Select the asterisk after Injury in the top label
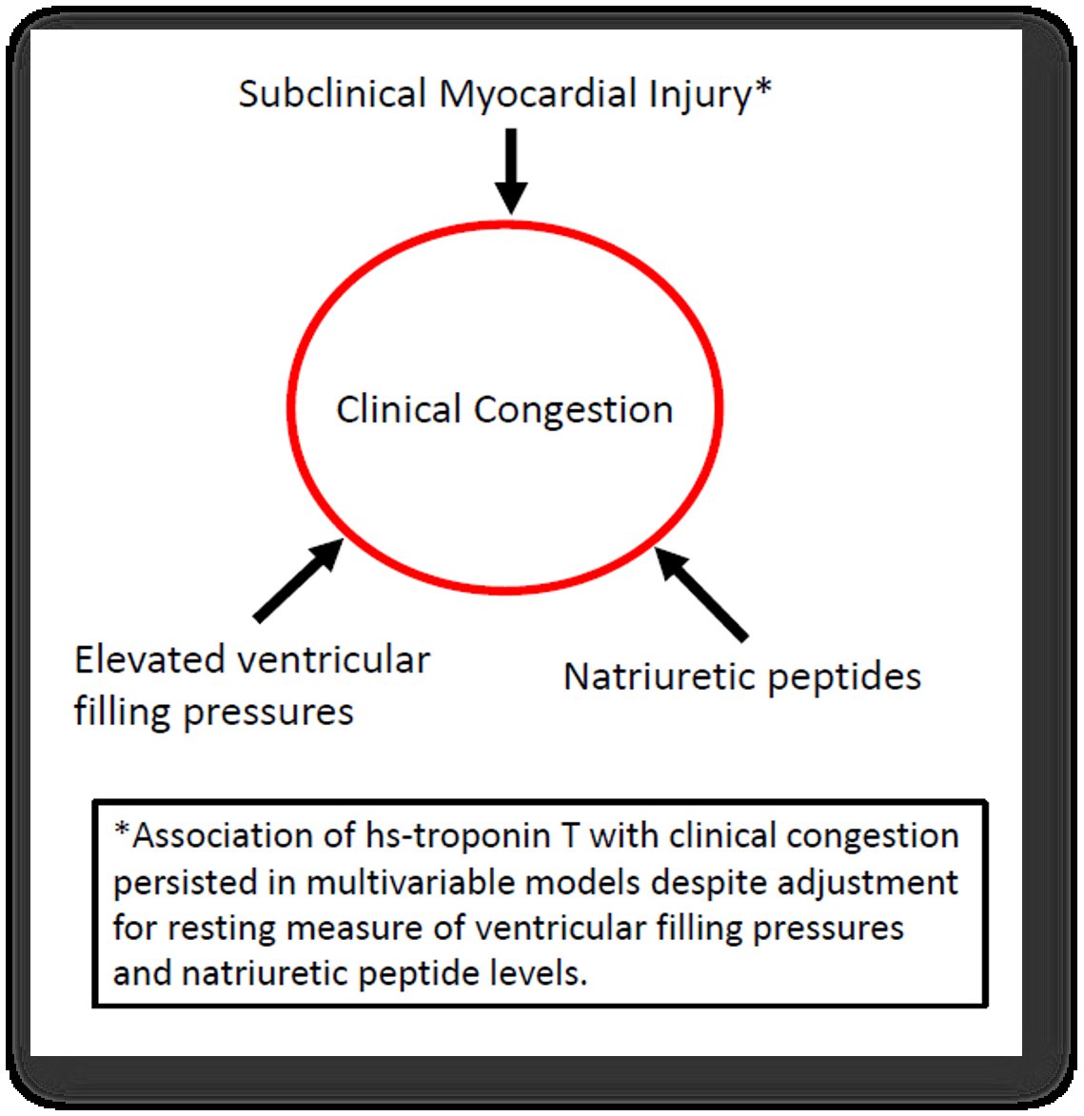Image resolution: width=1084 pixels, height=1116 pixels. click(762, 88)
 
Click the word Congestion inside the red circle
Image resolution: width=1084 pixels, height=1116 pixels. click(573, 411)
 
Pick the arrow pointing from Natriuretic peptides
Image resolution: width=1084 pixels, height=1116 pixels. click(702, 594)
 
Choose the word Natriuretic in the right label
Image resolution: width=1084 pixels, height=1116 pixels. click(658, 677)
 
